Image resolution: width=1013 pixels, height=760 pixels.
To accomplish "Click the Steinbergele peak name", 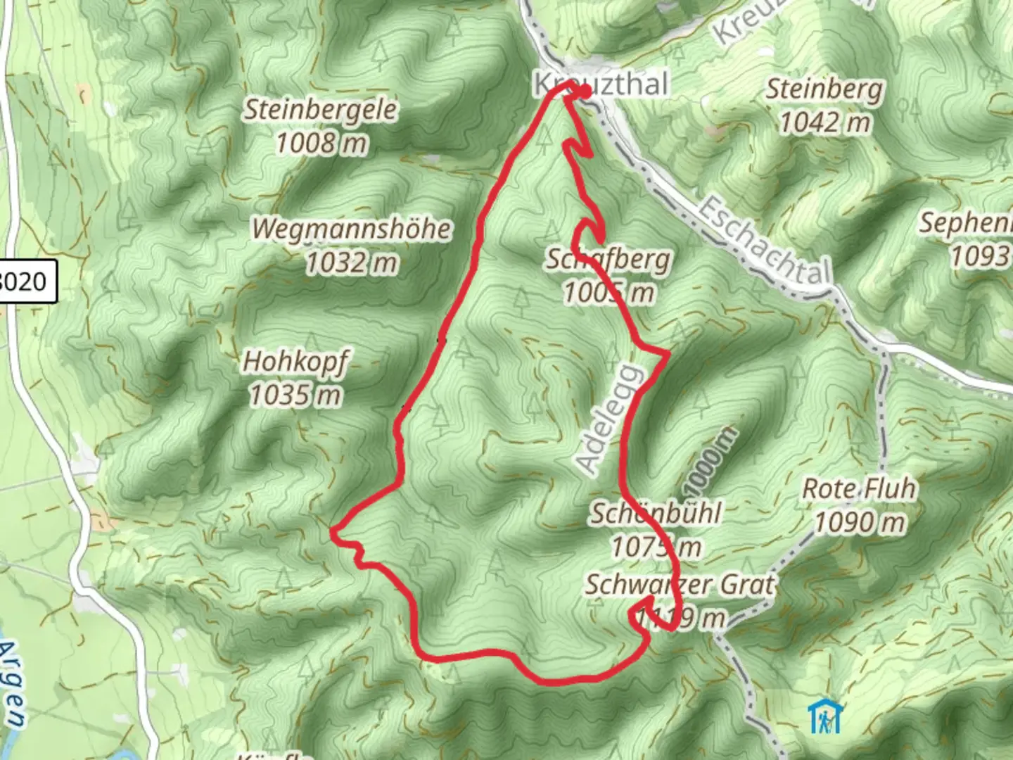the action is point(321,110).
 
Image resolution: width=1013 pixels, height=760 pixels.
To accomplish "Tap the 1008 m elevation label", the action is point(321,144).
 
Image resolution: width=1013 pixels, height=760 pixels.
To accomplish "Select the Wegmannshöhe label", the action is point(352,229).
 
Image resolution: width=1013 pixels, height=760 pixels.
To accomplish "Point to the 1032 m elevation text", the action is point(352,263).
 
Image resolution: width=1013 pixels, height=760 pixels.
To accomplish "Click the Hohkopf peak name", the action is point(295,362).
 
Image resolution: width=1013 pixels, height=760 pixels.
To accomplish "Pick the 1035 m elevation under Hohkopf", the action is point(295,395).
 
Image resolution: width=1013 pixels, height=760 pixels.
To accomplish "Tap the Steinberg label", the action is point(824,89).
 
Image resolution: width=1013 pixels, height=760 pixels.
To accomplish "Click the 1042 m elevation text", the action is point(824,123).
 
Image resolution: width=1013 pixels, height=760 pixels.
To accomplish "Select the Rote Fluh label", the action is point(859,488).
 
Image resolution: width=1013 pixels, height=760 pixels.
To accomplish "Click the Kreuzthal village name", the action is point(599,84).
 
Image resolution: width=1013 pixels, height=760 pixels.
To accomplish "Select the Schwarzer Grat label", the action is point(680,584).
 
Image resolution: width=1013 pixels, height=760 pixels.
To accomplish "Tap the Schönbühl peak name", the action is point(656,513).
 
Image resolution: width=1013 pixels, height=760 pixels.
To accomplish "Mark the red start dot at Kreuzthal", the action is point(584,91).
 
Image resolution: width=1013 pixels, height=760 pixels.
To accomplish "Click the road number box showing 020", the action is point(26,282).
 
